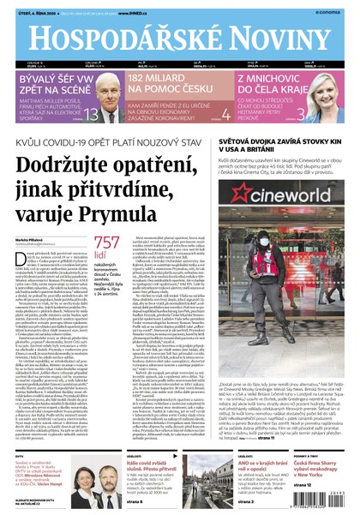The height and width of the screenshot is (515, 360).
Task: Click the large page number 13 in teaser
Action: (x=113, y=116)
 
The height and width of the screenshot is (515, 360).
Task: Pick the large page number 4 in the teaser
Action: (x=225, y=116)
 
